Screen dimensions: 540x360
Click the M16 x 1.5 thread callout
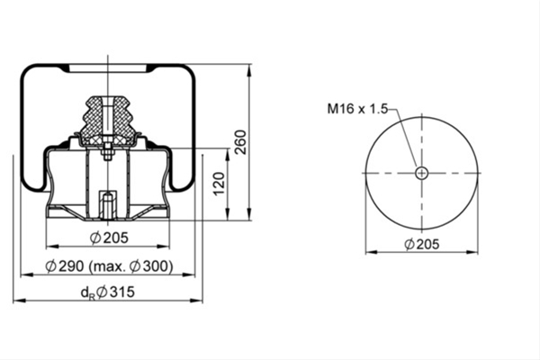357,109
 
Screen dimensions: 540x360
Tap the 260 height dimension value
240,142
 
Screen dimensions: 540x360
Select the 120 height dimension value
219,184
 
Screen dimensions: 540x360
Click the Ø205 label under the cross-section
109,238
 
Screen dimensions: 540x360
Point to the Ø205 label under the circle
422,244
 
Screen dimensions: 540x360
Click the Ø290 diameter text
65,266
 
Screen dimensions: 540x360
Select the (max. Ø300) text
130,266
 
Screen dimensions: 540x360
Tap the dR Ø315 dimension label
107,292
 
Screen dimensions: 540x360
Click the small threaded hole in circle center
421,173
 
